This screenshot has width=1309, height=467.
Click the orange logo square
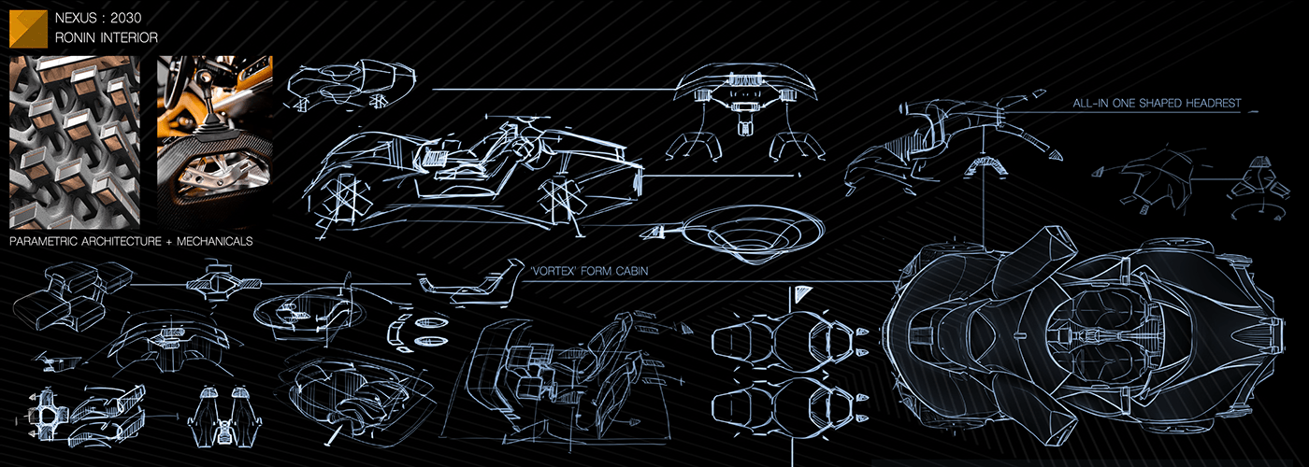click(x=28, y=29)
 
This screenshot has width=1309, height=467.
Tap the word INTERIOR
click(x=131, y=38)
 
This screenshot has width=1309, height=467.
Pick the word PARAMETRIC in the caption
click(x=47, y=241)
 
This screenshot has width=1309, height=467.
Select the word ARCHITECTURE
click(x=130, y=241)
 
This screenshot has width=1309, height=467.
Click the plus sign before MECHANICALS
click(x=182, y=241)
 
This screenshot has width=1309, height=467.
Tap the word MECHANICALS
click(x=221, y=241)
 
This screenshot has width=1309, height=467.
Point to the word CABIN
click(x=629, y=272)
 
